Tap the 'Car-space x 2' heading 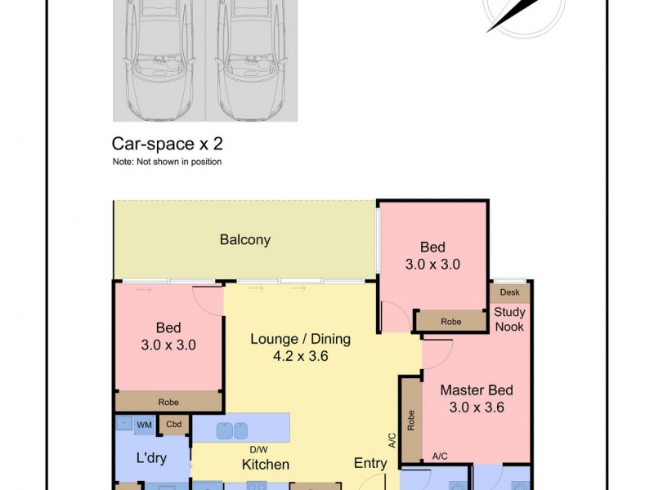pos(167,145)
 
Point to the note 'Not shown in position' pos(167,162)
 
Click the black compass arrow pos(513,16)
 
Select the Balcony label pos(244,240)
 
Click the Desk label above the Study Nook pos(509,292)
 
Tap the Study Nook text pos(509,319)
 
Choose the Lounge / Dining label pos(300,339)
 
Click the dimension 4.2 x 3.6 pos(300,356)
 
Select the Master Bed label pos(477,390)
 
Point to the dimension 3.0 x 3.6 pos(477,408)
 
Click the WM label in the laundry pos(144,425)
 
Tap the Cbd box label pos(173,424)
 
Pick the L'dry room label pos(151,458)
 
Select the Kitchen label pos(265,465)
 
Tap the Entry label pos(370,463)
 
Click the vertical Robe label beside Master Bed pos(410,420)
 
